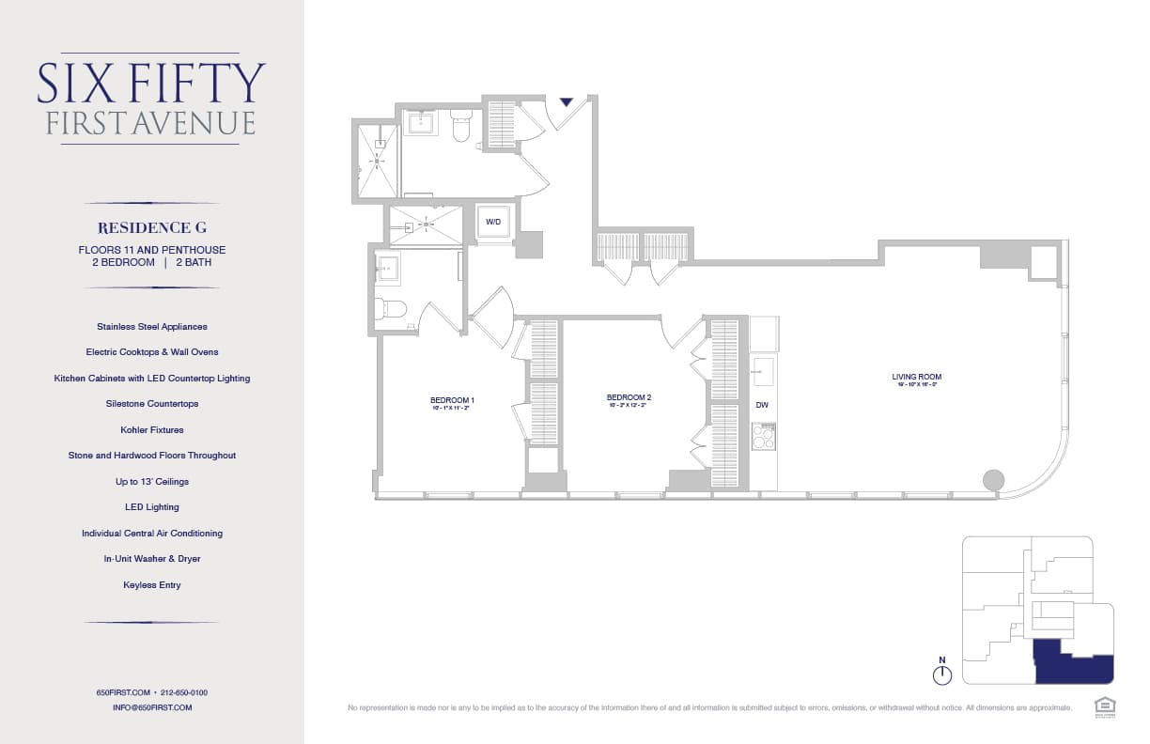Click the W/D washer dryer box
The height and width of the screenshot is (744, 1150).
[493, 223]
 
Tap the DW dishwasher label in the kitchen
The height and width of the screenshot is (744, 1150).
[762, 405]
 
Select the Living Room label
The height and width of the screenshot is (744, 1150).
[916, 378]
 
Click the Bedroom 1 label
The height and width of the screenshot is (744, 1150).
[452, 401]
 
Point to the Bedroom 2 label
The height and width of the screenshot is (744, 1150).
[629, 398]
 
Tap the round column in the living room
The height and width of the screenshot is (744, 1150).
[993, 480]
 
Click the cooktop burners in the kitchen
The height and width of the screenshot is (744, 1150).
[763, 437]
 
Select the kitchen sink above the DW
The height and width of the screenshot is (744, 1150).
[763, 371]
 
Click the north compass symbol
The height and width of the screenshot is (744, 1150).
[942, 674]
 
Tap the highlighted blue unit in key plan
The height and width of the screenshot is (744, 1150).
[1071, 663]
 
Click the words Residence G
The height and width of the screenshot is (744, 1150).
[151, 227]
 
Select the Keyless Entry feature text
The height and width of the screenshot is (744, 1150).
[151, 584]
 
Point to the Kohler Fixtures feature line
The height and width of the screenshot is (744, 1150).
[151, 429]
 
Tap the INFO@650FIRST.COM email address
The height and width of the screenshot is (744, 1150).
[151, 707]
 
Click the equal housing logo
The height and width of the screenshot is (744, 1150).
[1104, 705]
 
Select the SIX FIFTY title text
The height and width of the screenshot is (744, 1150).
[151, 84]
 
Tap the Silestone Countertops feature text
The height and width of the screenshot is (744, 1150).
[151, 404]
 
